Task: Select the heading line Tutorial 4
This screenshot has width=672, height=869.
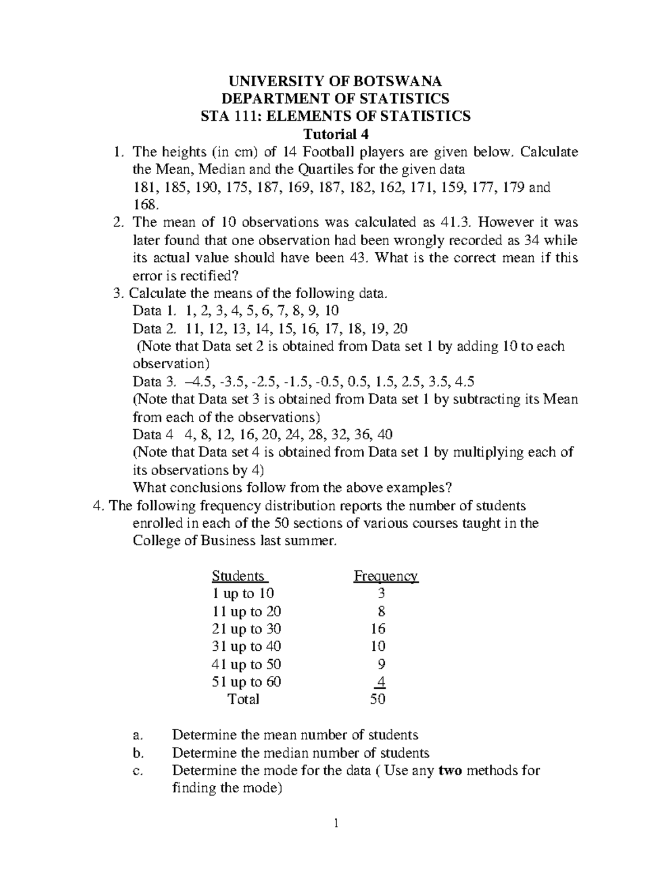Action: click(335, 134)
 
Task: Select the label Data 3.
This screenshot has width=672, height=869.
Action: click(153, 382)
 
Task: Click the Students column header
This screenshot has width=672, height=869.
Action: click(239, 576)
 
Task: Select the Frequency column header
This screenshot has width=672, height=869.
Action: click(385, 576)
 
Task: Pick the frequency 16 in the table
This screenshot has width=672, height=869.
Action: click(378, 628)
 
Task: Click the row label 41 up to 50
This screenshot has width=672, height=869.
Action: click(246, 664)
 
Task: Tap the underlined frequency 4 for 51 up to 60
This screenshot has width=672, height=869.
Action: click(381, 682)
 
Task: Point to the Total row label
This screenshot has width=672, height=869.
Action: click(244, 699)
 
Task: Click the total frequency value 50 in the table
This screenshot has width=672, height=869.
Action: click(378, 699)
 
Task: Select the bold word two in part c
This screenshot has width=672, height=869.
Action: click(450, 771)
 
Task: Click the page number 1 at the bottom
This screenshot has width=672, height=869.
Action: click(335, 823)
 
